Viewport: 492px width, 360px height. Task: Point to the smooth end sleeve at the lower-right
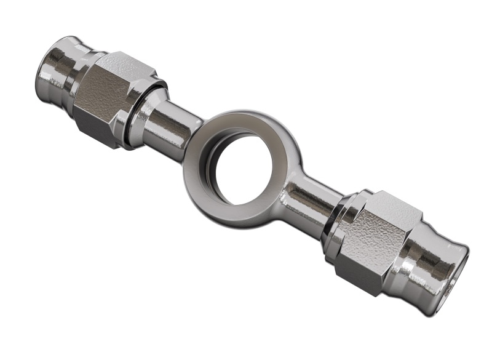point(430,258)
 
